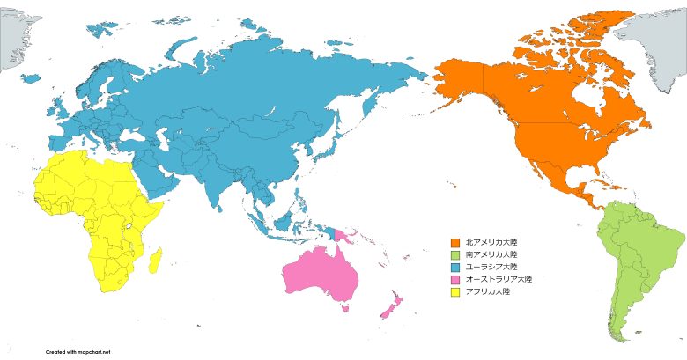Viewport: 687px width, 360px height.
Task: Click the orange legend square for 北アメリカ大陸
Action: point(455,242)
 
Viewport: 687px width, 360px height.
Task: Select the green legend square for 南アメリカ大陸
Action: point(455,254)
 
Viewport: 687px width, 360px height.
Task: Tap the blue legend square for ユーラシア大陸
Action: point(455,267)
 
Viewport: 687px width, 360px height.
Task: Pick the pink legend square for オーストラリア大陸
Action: point(455,279)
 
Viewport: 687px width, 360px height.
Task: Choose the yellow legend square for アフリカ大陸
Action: point(455,291)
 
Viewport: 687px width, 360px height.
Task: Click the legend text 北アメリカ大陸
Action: point(491,242)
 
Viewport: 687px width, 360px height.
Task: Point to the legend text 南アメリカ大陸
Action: point(491,254)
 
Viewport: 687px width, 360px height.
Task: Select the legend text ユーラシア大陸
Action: point(491,267)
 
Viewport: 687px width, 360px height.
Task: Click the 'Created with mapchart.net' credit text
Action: point(78,350)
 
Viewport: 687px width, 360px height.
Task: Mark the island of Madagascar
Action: point(155,260)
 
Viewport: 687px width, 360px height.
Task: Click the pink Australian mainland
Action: point(322,273)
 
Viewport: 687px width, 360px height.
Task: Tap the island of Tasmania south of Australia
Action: point(343,308)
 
